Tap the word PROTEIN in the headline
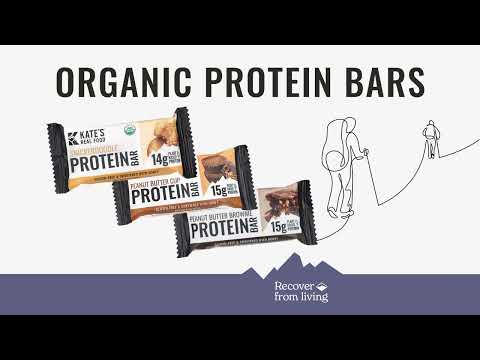[264, 81]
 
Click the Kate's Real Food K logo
[76, 139]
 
